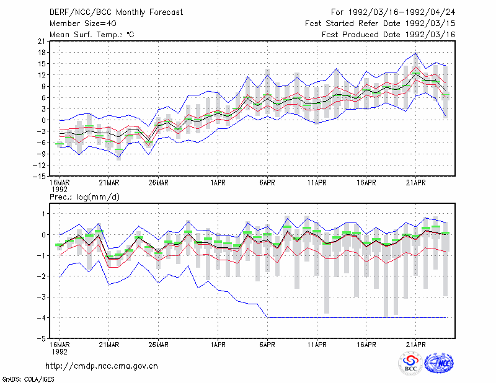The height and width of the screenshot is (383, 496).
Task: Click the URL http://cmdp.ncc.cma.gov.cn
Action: coord(102,366)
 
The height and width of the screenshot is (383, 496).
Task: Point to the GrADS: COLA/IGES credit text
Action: coord(28,379)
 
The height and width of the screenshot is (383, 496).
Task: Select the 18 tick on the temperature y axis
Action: coord(42,53)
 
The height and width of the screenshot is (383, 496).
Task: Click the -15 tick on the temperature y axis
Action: coord(39,177)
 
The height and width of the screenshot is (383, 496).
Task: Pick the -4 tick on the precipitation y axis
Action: coord(42,317)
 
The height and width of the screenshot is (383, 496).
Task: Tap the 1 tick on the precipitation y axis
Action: coord(44,214)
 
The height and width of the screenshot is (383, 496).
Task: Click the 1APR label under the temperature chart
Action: coord(218,183)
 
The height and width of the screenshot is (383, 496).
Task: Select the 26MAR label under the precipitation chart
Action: coord(159,345)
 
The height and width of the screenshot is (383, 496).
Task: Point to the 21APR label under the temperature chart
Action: coord(415,183)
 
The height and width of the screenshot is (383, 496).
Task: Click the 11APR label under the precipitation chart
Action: coord(317,345)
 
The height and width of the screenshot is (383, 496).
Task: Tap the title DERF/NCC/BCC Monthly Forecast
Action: coord(116,12)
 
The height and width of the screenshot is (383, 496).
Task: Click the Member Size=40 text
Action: coord(83,24)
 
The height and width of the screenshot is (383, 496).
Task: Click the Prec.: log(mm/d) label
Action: coord(84,197)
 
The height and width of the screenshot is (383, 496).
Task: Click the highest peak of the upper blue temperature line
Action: coord(416,53)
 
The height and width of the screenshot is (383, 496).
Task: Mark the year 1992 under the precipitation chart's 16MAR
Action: coord(60,351)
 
